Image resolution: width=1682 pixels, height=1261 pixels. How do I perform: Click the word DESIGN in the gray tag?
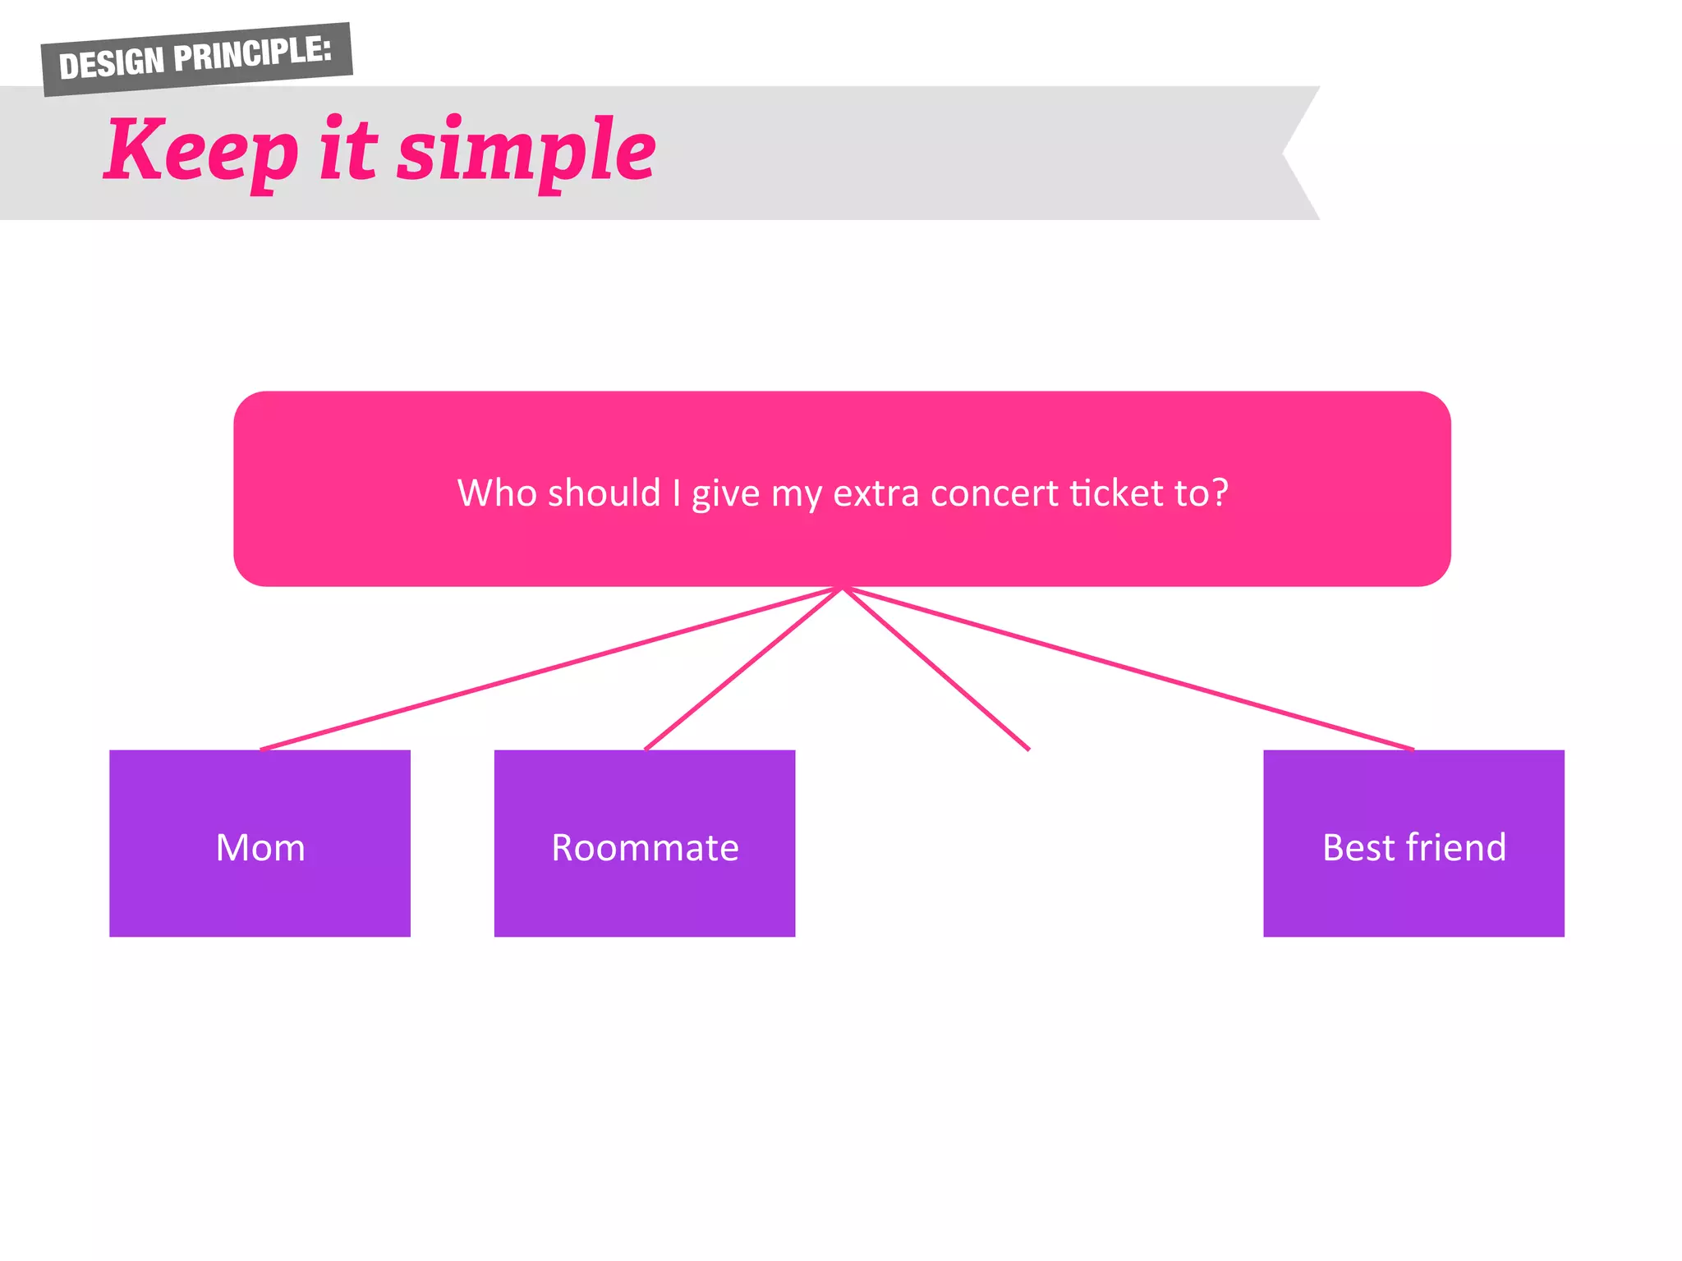(x=112, y=63)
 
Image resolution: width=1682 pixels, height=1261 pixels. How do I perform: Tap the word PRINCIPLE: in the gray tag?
(x=252, y=53)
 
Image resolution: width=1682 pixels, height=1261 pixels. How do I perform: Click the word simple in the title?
(x=526, y=153)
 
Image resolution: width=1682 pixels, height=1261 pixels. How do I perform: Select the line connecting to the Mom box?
(x=550, y=668)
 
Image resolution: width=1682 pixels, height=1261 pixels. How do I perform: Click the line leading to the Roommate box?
(x=743, y=668)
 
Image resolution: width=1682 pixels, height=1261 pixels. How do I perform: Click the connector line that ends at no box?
(x=936, y=668)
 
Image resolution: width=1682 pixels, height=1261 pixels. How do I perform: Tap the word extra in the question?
(x=875, y=493)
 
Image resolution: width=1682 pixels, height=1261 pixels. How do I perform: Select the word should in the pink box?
(x=604, y=493)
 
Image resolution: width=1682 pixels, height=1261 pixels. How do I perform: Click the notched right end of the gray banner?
(x=1294, y=153)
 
